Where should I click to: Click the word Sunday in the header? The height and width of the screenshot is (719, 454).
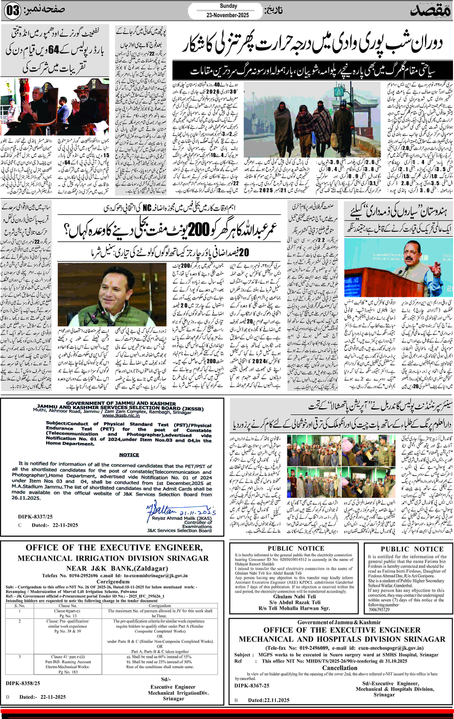pyautogui.click(x=228, y=6)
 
